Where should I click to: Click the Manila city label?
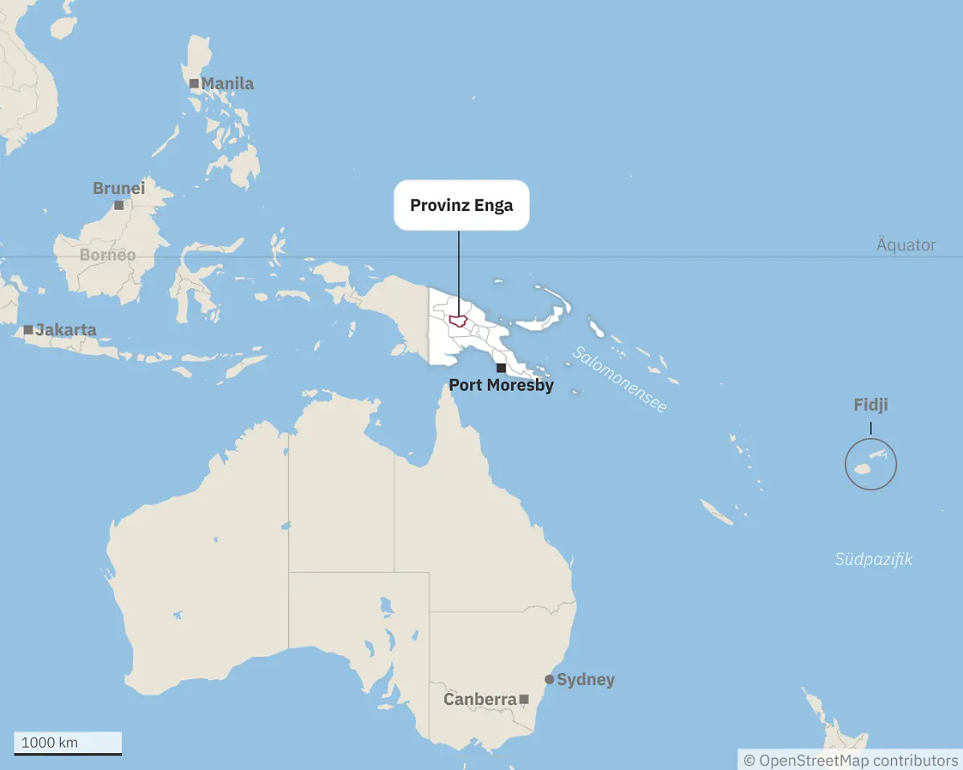[x=227, y=83]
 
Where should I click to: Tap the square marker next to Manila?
[x=193, y=83]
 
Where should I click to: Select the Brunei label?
[x=119, y=188]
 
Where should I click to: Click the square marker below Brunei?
[x=119, y=205]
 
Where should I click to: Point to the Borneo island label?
[x=108, y=255]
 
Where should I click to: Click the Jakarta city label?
[x=66, y=330]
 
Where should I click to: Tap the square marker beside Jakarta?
[x=28, y=330]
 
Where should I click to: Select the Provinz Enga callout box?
[x=461, y=205]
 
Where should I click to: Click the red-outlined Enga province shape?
[x=459, y=321]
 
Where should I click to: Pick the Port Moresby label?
[x=501, y=385]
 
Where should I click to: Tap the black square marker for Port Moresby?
[x=501, y=367]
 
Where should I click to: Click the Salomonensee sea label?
[x=619, y=379]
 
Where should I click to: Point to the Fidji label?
[x=871, y=405]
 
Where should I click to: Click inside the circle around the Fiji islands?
[x=871, y=464]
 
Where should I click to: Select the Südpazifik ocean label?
[x=873, y=559]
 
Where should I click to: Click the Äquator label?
[x=906, y=245]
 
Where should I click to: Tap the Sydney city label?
[x=586, y=679]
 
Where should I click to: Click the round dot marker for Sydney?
[x=550, y=679]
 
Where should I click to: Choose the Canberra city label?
[x=480, y=699]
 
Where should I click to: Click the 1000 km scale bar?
[x=67, y=744]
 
